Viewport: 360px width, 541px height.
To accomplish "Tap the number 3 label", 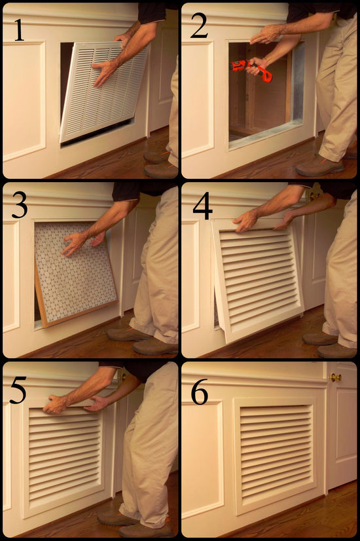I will click(x=19, y=206).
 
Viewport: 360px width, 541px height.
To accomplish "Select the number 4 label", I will click(x=202, y=207).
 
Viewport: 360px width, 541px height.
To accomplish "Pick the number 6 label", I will click(x=199, y=392).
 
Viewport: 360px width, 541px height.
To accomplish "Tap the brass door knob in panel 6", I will click(x=336, y=377).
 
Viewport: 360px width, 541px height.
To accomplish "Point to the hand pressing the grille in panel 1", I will click(x=105, y=72).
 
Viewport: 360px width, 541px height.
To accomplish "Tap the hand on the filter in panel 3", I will click(x=75, y=242).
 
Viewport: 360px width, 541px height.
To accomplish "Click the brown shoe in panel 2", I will click(x=319, y=166).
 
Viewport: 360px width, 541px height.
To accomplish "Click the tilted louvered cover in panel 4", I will click(x=259, y=278).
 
